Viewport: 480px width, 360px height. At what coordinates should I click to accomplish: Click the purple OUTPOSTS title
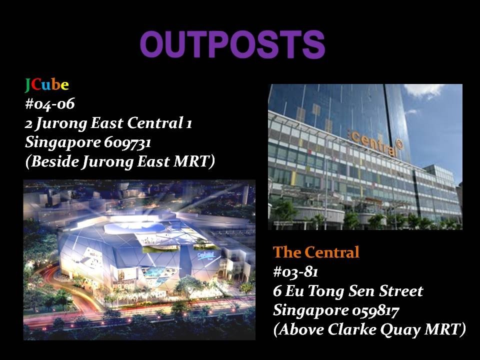(232, 44)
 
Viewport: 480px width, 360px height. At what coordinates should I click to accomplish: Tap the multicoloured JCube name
(47, 85)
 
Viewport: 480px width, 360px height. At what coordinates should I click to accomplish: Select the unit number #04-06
(49, 104)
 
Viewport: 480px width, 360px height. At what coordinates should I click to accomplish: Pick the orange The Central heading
(316, 252)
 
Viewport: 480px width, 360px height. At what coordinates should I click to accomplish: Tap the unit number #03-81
(295, 272)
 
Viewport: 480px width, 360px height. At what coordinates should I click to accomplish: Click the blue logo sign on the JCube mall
(205, 255)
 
